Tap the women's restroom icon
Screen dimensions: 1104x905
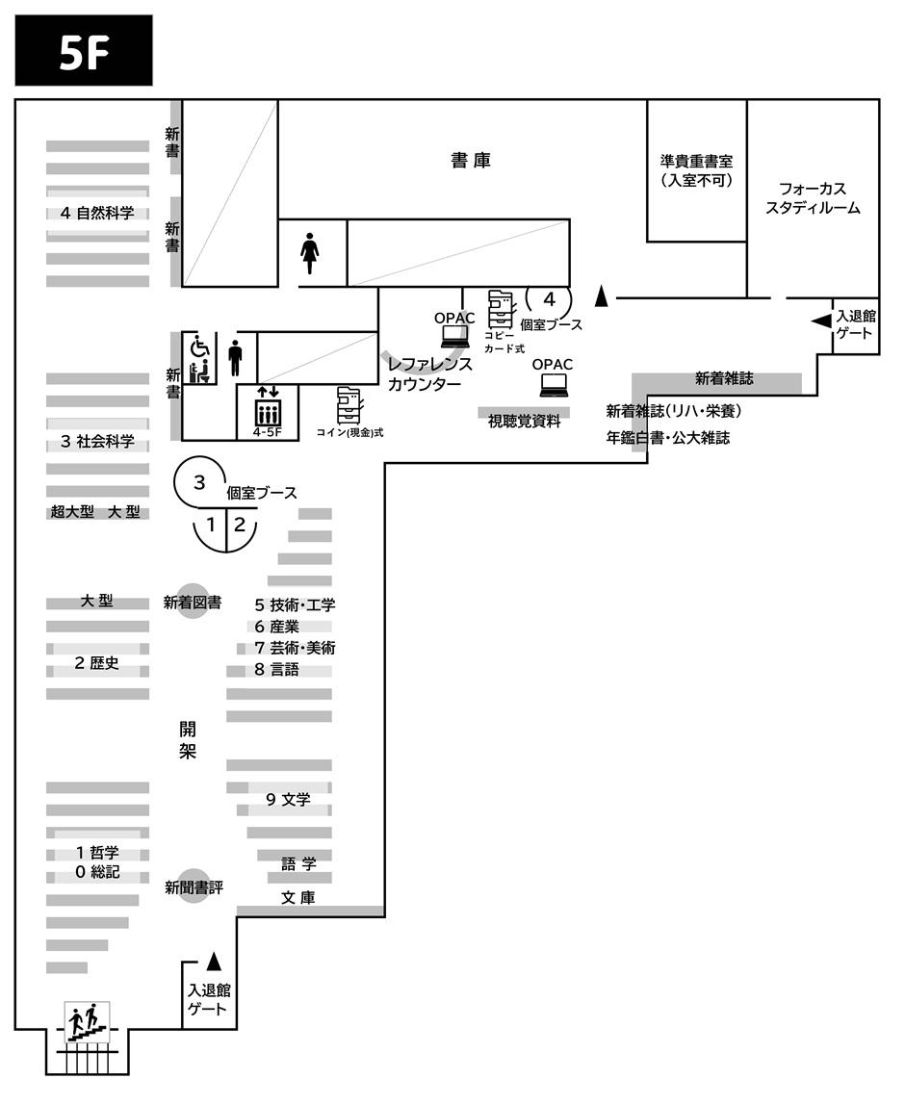[310, 251]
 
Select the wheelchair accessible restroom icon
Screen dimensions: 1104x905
[199, 359]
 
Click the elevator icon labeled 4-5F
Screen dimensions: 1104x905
[267, 411]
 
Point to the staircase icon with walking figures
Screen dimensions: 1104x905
[86, 1021]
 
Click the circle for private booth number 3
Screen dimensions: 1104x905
[199, 482]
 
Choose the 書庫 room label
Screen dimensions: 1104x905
[471, 161]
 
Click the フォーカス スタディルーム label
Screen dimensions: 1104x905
[814, 197]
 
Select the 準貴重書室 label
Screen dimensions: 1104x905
[696, 169]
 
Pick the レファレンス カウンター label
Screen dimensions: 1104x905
[429, 374]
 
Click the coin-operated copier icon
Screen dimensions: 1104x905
[349, 405]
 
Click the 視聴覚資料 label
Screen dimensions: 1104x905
[524, 421]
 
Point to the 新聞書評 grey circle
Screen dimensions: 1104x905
[193, 886]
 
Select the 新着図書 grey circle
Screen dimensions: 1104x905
[193, 603]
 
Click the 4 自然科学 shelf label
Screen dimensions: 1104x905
[96, 213]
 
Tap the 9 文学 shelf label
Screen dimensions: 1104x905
[288, 798]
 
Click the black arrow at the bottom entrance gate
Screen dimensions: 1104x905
[214, 962]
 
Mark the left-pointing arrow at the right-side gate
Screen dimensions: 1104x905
[821, 321]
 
